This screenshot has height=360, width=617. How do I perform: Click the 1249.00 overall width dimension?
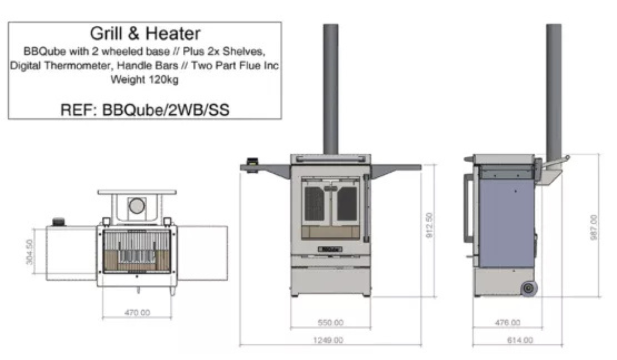coord(331,340)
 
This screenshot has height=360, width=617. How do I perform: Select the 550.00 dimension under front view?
coord(331,322)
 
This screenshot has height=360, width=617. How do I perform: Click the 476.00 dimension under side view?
coord(507,322)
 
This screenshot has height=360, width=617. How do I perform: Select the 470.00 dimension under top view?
coord(137,312)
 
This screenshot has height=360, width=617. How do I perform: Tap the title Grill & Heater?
coord(145,34)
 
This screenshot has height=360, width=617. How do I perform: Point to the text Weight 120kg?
coord(145,80)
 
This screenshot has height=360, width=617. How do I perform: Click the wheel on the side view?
coord(529,288)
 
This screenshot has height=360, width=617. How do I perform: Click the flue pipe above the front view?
coord(331,87)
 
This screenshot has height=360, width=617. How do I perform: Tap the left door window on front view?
coord(315,204)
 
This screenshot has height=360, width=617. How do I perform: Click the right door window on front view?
coord(347,204)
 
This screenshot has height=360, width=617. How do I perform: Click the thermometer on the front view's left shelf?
coord(252,163)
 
